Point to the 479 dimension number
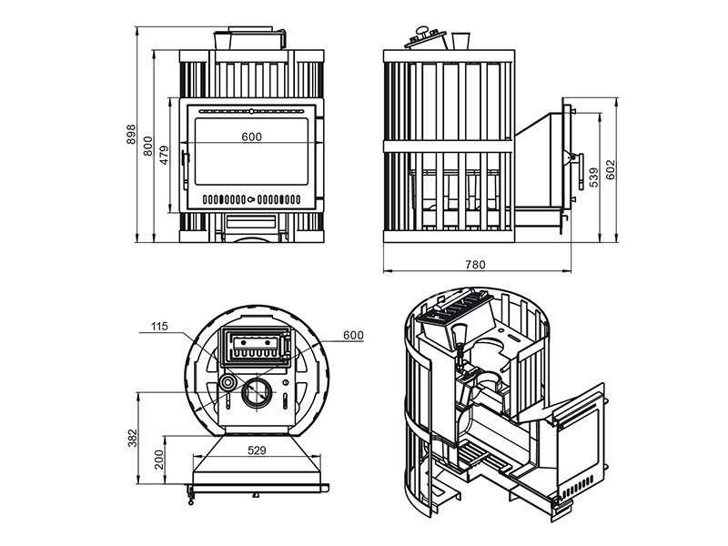click(165, 155)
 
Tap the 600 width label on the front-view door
click(252, 136)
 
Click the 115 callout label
click(161, 326)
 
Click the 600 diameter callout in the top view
click(353, 335)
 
